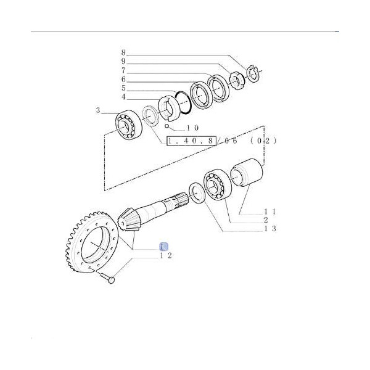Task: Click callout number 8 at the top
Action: [123, 53]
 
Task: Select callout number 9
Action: [123, 62]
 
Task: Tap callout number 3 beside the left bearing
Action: [97, 111]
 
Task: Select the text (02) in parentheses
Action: [263, 141]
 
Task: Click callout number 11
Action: [269, 211]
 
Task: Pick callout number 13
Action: [269, 229]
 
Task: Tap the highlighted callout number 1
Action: [163, 247]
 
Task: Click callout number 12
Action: [165, 255]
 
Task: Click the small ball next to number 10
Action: [166, 127]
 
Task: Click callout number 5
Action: [123, 88]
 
